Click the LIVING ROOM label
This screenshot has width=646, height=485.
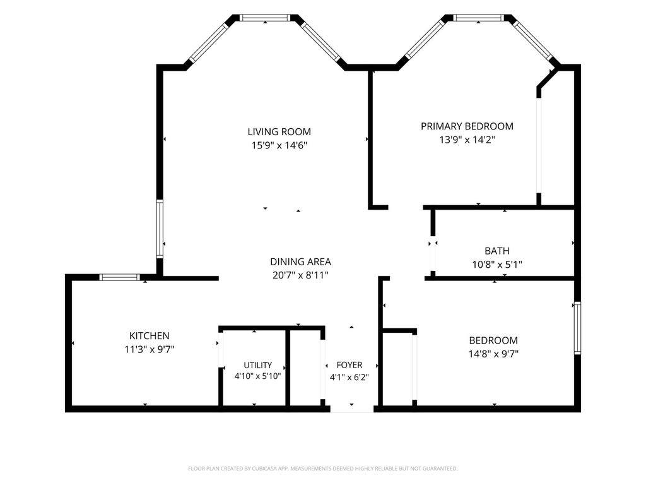click(279, 132)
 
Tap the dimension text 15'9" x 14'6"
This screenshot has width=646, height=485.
click(279, 146)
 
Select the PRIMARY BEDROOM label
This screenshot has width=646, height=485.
click(467, 126)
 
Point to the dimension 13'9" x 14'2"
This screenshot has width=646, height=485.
click(467, 140)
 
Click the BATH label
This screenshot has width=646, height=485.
click(497, 251)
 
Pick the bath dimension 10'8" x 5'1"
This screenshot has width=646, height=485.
click(497, 265)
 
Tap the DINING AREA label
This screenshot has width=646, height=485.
click(300, 262)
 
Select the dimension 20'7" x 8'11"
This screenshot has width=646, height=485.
click(300, 275)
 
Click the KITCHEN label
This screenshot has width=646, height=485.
click(149, 336)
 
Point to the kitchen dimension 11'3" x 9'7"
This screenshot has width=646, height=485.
click(149, 349)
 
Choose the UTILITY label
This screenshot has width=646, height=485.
click(258, 365)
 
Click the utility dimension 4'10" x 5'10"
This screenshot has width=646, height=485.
click(257, 376)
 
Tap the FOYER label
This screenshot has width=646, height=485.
click(349, 365)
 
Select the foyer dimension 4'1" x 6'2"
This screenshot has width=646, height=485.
click(349, 377)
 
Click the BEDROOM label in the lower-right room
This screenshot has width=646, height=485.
click(493, 340)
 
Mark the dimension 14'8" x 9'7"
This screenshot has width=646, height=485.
click(493, 354)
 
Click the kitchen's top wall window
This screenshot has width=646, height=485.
click(120, 277)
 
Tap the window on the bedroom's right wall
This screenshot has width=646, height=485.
click(578, 328)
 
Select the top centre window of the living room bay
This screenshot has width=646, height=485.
click(265, 18)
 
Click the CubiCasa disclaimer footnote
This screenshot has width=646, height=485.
click(322, 469)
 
